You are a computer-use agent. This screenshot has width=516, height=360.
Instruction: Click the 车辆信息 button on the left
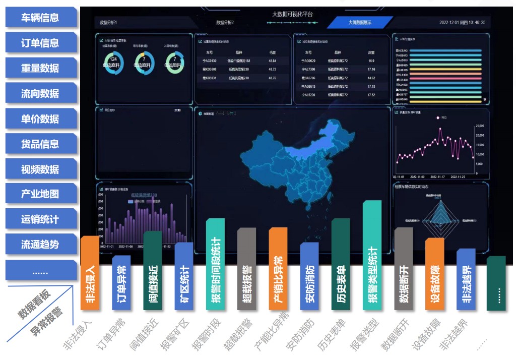tap(40, 18)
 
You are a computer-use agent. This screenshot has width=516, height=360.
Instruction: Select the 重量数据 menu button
tap(40, 68)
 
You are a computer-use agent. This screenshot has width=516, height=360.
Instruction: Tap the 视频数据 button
tap(40, 169)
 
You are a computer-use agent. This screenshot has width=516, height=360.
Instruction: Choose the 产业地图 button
tap(40, 194)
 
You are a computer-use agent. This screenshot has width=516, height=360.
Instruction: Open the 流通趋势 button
tap(40, 245)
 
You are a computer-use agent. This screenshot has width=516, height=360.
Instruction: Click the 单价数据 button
tap(40, 119)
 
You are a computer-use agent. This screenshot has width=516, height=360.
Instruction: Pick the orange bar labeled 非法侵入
tap(90, 275)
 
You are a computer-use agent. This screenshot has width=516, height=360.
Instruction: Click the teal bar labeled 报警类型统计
tap(372, 257)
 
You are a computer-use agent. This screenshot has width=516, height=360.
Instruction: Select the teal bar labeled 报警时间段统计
tap(215, 265)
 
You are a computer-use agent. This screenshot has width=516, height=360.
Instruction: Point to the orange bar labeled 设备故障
tap(434, 275)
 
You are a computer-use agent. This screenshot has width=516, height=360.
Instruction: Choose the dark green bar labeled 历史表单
tap(341, 267)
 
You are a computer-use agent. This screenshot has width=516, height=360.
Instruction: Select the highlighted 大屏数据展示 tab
tap(360, 23)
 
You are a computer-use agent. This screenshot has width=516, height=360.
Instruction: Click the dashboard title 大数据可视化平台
tap(292, 14)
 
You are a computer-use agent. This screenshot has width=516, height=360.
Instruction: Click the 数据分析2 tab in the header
tap(225, 23)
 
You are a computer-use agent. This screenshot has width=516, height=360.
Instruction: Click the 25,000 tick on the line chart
tap(480, 126)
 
